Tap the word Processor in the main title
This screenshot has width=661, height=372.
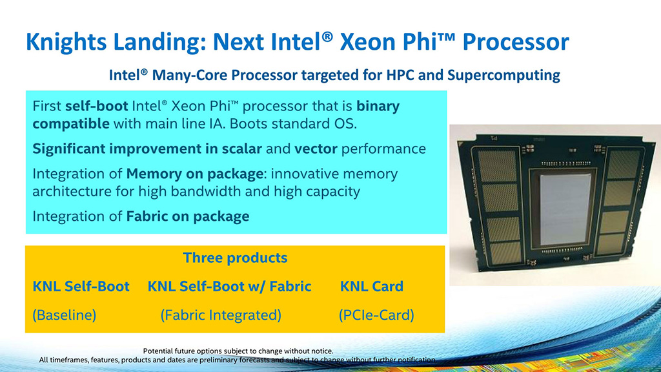516,42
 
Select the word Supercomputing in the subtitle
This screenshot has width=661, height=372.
503,76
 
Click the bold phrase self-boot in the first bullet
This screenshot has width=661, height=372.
97,106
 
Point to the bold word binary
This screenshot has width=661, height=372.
378,107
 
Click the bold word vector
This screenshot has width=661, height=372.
316,149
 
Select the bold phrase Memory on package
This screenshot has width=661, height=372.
195,174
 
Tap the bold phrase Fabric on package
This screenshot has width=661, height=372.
188,216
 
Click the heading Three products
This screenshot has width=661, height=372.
235,258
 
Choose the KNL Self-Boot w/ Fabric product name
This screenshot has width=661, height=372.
229,286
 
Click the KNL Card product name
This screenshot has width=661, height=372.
372,286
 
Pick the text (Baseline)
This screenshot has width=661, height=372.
65,315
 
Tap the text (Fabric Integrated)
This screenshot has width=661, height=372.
221,315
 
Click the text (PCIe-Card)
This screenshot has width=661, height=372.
376,315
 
